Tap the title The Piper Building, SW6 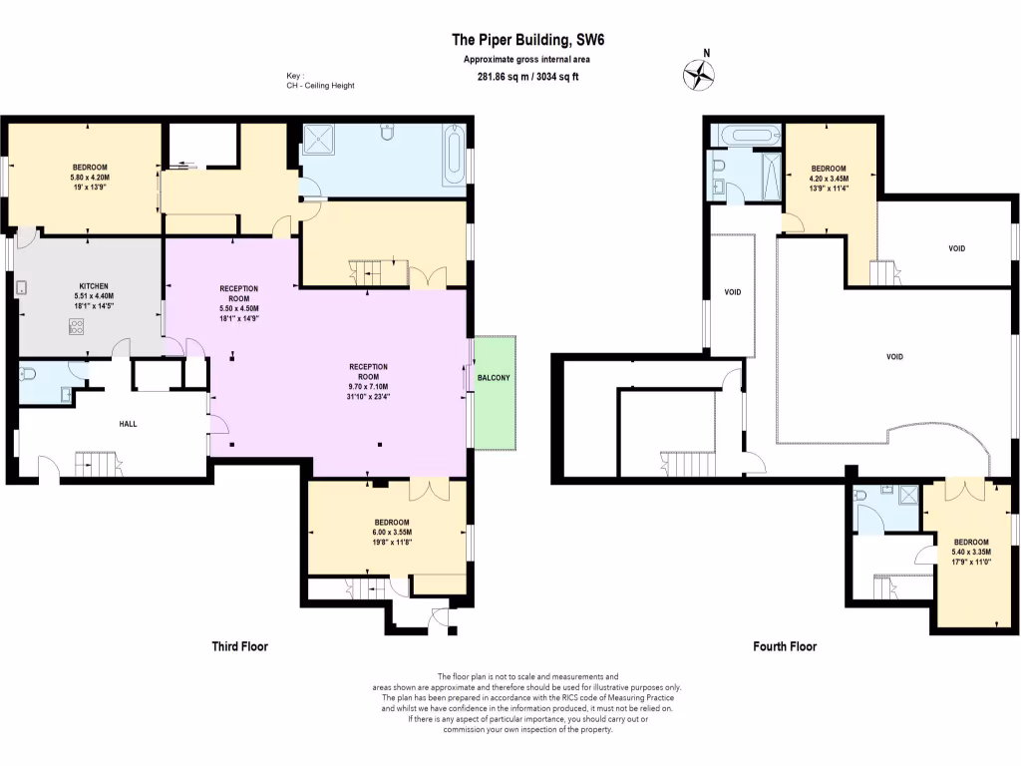[513, 40]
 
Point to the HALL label [128, 424]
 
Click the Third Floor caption [239, 646]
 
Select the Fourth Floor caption [784, 646]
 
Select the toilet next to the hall [31, 374]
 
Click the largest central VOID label [894, 356]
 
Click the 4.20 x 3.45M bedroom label [829, 179]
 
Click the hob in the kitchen [76, 326]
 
